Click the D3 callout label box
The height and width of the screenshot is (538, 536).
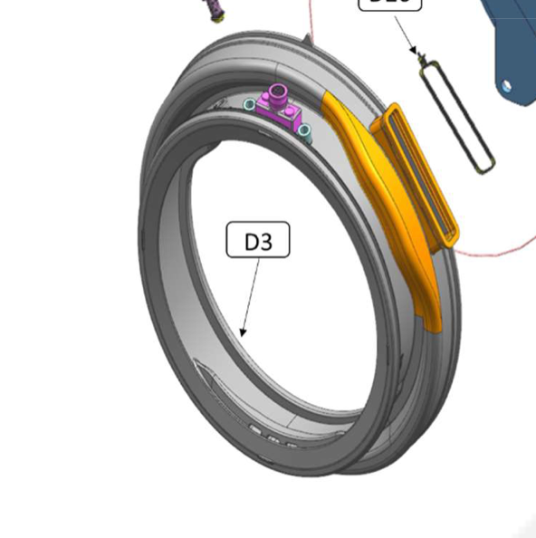[257, 241]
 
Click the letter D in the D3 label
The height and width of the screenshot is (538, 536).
[251, 241]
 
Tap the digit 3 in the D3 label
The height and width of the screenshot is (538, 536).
[266, 241]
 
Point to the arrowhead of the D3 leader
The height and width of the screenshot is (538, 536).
[242, 333]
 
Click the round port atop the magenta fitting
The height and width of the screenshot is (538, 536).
[277, 91]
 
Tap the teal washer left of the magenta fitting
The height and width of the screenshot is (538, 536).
[249, 106]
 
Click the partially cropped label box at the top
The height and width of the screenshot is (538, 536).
[390, 5]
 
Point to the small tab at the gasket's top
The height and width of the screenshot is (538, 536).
[310, 37]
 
